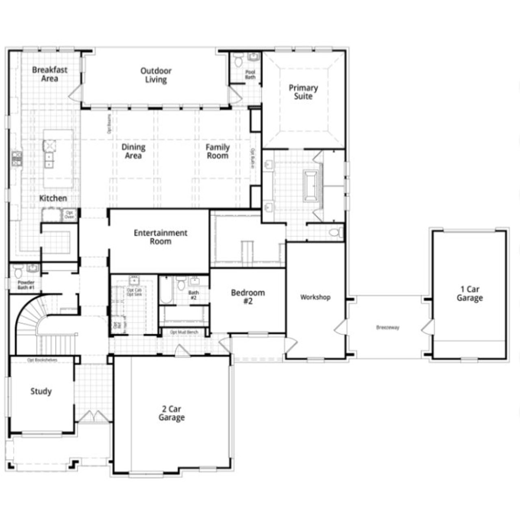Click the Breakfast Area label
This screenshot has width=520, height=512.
(50, 74)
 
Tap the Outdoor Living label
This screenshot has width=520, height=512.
(156, 75)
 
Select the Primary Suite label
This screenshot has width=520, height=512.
(303, 92)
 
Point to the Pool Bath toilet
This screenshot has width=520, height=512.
(238, 61)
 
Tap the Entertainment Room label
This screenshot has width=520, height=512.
(160, 237)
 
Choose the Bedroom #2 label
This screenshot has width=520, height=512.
(248, 297)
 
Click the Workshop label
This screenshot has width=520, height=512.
(315, 297)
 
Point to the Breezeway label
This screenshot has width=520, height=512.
(388, 327)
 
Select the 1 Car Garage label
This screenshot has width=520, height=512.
(470, 293)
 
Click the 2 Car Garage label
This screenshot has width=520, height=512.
(171, 413)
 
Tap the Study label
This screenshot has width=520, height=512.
(41, 391)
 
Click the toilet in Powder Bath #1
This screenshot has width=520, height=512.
(17, 270)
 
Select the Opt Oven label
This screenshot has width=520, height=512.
(69, 214)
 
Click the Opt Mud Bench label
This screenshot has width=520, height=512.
(184, 332)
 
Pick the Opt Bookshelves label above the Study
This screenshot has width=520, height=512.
(42, 360)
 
